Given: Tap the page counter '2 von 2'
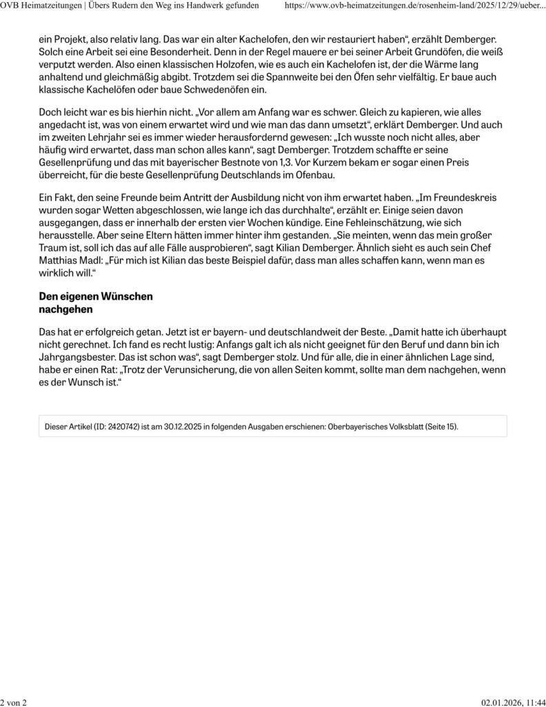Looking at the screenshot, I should click(13, 701).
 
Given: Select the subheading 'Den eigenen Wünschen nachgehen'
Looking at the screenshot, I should click(96, 303).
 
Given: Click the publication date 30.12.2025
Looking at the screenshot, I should click(187, 427).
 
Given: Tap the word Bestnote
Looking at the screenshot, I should click(247, 162).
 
